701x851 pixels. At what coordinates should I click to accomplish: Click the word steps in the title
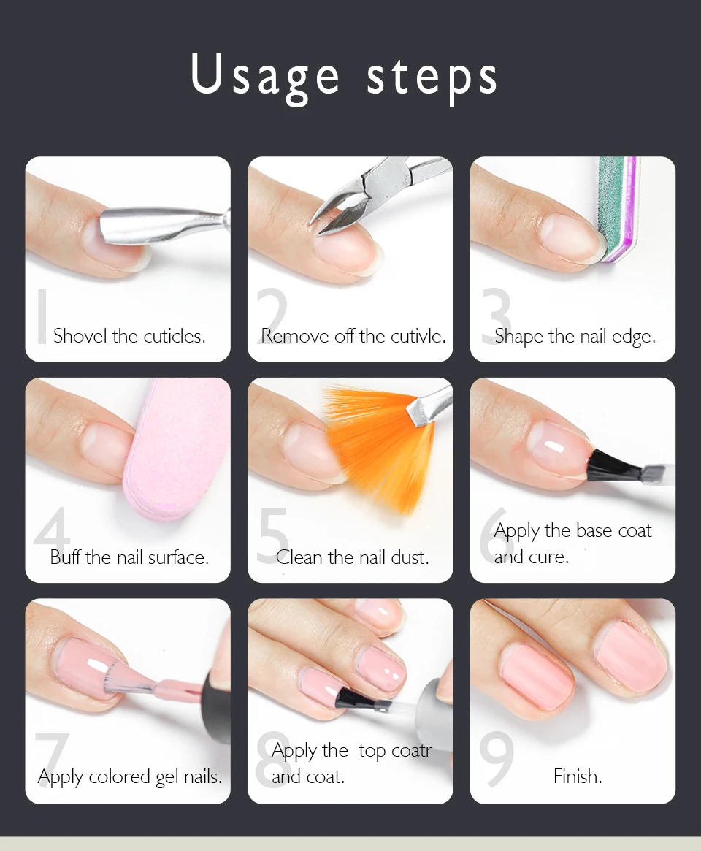432,79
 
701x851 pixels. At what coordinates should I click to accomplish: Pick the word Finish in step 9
578,776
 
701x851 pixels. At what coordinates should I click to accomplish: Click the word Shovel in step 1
80,336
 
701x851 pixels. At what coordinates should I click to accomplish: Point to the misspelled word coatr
412,751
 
